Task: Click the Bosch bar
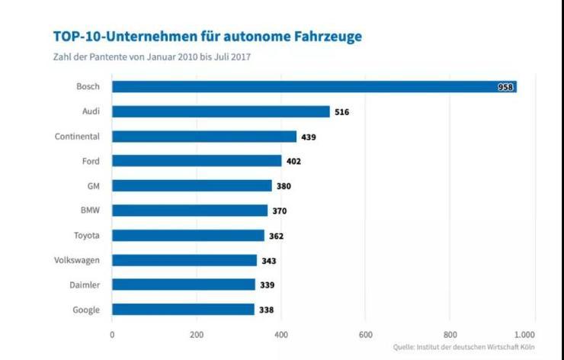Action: pos(314,87)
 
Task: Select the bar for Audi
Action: pos(221,111)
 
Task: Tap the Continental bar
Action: pos(204,137)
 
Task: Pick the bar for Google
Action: pos(183,309)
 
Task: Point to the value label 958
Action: pos(505,88)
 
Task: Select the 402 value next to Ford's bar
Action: pos(293,162)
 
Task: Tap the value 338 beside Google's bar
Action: pos(265,310)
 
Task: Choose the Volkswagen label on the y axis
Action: pos(77,260)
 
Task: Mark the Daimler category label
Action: pos(84,284)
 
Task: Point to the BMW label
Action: pos(90,211)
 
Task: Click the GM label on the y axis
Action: pos(94,185)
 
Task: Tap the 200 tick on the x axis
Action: pos(197,334)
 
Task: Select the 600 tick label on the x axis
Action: pos(365,334)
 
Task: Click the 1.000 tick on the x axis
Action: pos(524,334)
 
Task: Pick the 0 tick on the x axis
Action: pos(112,334)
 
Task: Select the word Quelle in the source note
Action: pos(405,347)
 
